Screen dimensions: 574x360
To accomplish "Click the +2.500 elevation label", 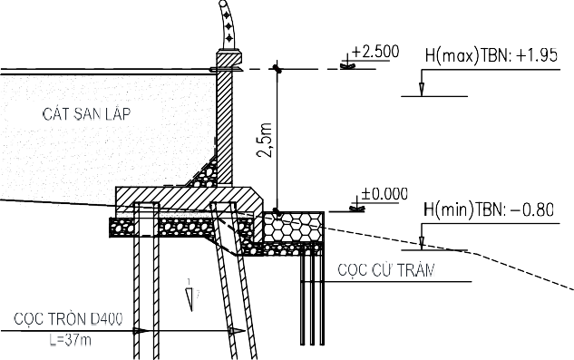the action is pyautogui.click(x=375, y=52).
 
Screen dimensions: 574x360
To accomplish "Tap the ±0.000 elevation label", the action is pyautogui.click(x=384, y=194).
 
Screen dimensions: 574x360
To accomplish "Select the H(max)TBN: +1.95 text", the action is pyautogui.click(x=491, y=55).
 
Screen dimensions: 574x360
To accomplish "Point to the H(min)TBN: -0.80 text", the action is pyautogui.click(x=489, y=209).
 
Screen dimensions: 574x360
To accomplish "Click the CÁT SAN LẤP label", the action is pyautogui.click(x=86, y=114).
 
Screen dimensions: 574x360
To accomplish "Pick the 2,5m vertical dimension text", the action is pyautogui.click(x=265, y=141).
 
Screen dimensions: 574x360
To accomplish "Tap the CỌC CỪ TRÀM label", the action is pyautogui.click(x=386, y=270).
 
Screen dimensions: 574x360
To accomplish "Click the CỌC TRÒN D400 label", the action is pyautogui.click(x=68, y=318).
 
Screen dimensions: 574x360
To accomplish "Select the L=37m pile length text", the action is pyautogui.click(x=70, y=340).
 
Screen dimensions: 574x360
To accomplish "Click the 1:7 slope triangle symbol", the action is pyautogui.click(x=190, y=298).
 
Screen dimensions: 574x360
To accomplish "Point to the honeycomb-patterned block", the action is pyautogui.click(x=294, y=227).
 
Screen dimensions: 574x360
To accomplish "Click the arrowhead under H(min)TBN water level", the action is pyautogui.click(x=422, y=243).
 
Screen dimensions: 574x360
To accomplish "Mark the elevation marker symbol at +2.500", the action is pyautogui.click(x=347, y=64).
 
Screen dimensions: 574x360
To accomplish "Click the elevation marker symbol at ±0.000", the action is pyautogui.click(x=357, y=208).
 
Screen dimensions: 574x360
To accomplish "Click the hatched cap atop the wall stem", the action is pyautogui.click(x=229, y=56).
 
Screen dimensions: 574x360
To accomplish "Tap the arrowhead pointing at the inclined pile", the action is pyautogui.click(x=238, y=331).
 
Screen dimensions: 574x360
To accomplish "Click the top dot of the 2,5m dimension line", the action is pyautogui.click(x=277, y=69).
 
